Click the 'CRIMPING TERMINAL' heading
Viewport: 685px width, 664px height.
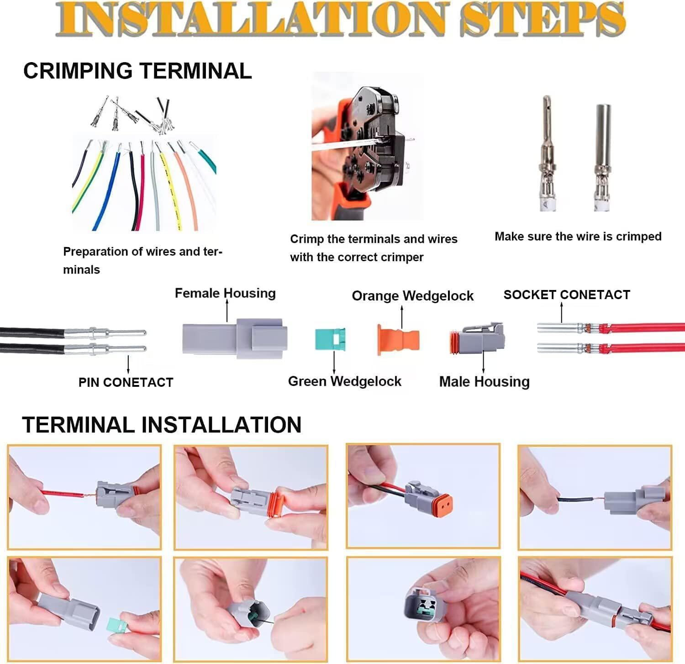[x=137, y=71]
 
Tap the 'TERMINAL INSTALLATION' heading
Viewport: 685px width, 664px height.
[x=162, y=425]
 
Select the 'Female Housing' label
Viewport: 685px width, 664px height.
[x=225, y=293]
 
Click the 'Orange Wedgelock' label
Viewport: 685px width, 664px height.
[x=412, y=296]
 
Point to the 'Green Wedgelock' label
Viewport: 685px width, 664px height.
[x=344, y=381]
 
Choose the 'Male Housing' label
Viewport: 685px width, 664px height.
[x=484, y=381]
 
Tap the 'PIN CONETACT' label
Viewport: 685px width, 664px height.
[x=126, y=382]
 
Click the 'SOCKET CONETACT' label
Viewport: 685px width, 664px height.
[x=567, y=295]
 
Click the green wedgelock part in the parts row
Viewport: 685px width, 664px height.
[x=330, y=339]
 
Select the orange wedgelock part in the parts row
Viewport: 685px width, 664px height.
[x=398, y=339]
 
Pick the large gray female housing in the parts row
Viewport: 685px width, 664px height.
[x=235, y=338]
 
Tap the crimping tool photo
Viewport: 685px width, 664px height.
[x=365, y=146]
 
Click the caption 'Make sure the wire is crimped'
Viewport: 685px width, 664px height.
[x=578, y=237]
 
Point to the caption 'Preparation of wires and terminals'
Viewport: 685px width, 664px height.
[x=142, y=260]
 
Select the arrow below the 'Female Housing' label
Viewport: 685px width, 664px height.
[x=227, y=311]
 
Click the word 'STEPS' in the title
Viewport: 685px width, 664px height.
[x=542, y=19]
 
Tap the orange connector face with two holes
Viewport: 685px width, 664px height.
[x=442, y=502]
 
